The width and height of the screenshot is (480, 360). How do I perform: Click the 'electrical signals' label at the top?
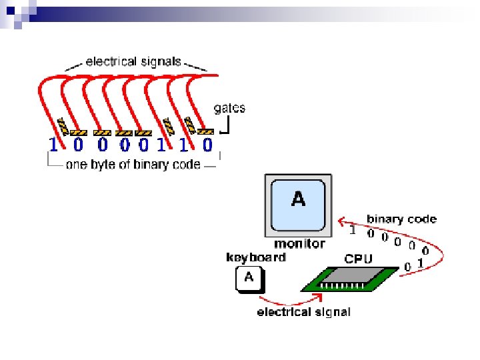click(x=133, y=62)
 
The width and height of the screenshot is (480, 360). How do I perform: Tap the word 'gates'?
click(x=229, y=109)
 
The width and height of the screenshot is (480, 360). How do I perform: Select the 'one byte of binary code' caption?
click(x=133, y=165)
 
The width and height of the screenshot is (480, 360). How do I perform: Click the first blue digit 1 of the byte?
click(x=53, y=144)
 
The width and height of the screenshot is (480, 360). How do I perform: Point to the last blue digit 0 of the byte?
click(x=207, y=144)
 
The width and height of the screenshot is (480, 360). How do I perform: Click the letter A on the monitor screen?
click(x=299, y=198)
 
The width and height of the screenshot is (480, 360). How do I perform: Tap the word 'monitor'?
click(x=299, y=244)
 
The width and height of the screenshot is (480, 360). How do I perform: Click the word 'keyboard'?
click(x=256, y=257)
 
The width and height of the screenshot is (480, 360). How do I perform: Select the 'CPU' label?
click(x=359, y=258)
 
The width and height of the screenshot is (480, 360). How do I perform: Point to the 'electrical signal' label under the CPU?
click(x=304, y=312)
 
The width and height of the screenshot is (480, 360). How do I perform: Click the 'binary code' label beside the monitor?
click(x=402, y=219)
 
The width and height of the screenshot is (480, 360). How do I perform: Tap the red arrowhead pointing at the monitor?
click(x=341, y=221)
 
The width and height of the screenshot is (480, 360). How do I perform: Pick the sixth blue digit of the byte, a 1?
click(x=162, y=144)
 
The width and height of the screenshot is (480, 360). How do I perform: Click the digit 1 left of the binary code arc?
click(x=353, y=231)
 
